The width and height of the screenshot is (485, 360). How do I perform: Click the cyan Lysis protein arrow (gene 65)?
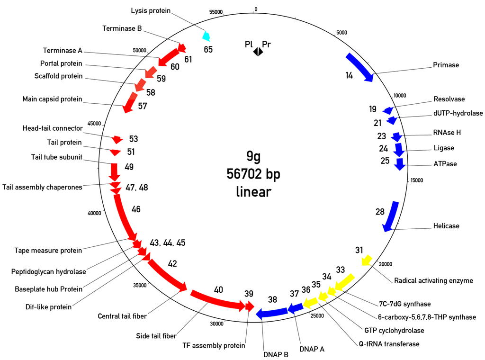click(x=207, y=36)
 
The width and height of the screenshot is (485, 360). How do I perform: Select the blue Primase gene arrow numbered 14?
click(x=360, y=67)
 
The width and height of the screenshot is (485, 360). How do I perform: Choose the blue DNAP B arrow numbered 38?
click(x=272, y=312)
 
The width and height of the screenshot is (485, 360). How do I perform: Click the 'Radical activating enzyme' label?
click(x=433, y=280)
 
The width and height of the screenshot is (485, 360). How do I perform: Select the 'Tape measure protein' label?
click(x=48, y=250)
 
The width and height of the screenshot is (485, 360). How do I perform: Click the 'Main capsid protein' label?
click(x=52, y=99)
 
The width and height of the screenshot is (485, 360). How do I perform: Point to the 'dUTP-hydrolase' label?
click(x=458, y=113)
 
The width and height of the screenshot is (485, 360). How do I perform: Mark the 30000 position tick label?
click(x=216, y=324)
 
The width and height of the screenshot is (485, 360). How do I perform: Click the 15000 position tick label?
click(x=417, y=180)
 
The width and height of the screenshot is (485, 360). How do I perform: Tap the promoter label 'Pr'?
click(x=267, y=45)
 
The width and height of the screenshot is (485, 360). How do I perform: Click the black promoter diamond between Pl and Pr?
click(x=258, y=52)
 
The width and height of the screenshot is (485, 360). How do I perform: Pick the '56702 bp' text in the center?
click(x=253, y=174)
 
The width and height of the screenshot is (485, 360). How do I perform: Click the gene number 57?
click(x=142, y=106)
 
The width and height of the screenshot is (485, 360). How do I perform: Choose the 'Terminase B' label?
click(x=122, y=28)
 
